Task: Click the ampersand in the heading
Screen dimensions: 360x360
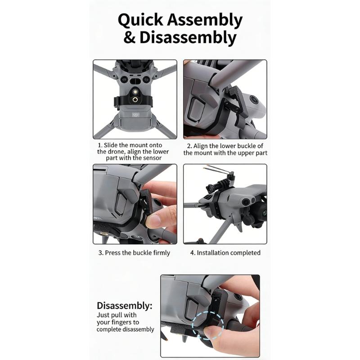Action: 129,38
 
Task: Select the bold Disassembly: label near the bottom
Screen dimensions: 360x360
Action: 125,306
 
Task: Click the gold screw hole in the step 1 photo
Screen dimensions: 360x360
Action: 135,98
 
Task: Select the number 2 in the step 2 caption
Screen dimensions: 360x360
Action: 189,146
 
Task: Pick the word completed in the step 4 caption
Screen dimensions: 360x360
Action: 245,253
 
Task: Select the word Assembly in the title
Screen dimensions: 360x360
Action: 205,21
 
